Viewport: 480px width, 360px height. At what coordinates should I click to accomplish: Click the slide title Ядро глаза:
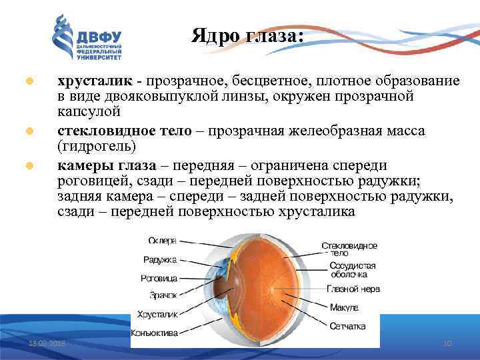247,35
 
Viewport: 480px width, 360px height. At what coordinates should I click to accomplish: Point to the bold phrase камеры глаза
107,165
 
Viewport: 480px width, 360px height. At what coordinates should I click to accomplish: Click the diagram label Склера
162,240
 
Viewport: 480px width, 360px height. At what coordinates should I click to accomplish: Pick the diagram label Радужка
160,259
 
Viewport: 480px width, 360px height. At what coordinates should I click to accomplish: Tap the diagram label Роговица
159,277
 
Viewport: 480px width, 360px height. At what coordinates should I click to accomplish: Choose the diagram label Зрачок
162,295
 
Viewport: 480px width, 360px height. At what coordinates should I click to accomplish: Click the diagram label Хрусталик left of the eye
157,313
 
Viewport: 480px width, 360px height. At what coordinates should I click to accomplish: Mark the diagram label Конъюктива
155,331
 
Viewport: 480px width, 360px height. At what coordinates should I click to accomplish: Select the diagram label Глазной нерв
353,289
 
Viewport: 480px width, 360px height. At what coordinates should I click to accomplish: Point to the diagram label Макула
344,308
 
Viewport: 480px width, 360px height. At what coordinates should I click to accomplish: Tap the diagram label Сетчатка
347,327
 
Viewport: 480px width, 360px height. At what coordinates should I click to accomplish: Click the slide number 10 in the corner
447,343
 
